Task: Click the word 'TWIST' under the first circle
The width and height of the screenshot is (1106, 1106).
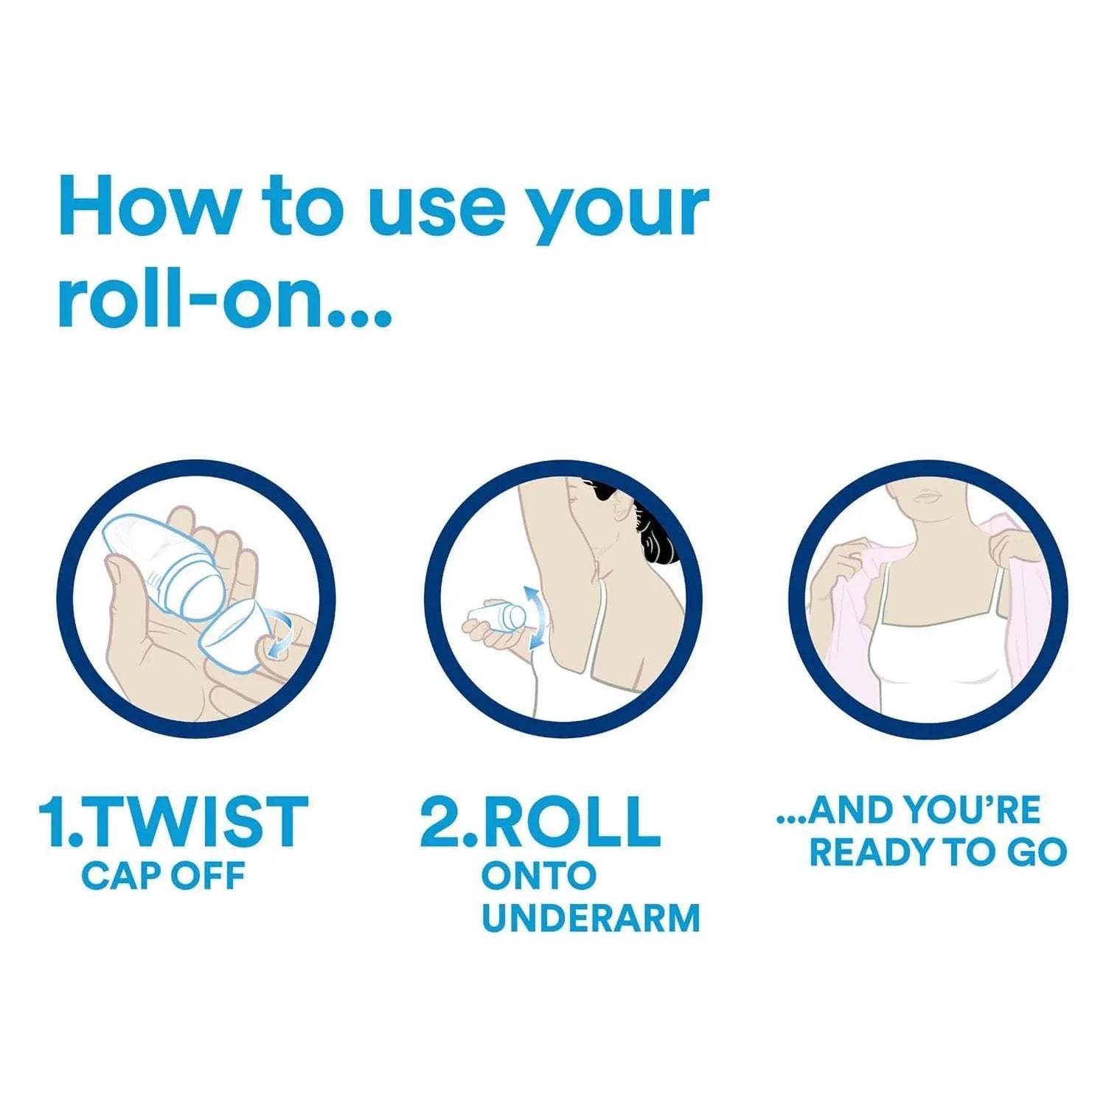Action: (198, 821)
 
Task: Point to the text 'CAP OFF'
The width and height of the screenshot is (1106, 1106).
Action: (163, 876)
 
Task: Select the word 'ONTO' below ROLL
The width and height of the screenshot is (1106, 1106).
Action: (538, 876)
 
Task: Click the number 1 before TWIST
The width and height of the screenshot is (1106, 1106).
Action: (52, 821)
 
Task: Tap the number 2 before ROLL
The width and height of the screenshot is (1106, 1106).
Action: (441, 821)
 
